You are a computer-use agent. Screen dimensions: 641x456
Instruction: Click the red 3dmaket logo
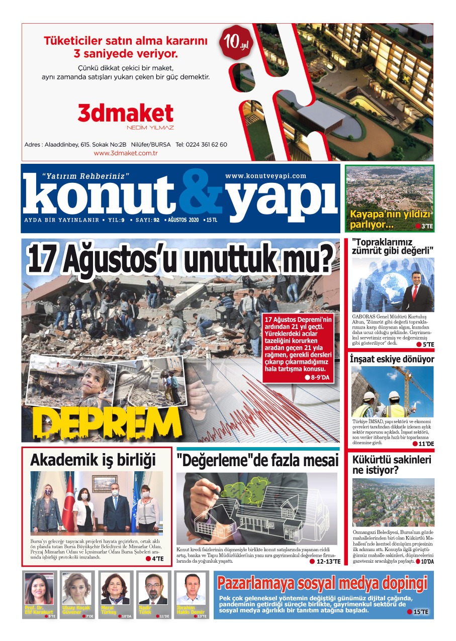[x=125, y=114]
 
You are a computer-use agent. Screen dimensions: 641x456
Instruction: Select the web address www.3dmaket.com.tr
[x=126, y=153]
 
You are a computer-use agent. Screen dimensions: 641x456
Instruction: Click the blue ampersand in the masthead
[x=200, y=193]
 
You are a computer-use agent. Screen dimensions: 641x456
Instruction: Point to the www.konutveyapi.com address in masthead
[x=265, y=176]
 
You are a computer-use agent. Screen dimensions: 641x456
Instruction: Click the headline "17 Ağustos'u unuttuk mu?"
[x=180, y=259]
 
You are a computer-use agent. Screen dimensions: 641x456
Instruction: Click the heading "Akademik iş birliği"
[x=93, y=460]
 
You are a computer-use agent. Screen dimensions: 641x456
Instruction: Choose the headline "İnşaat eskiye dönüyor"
[x=392, y=359]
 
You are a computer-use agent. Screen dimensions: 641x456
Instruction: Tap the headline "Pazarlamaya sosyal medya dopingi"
[x=322, y=583]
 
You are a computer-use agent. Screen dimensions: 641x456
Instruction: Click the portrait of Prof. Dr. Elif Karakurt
[x=39, y=589]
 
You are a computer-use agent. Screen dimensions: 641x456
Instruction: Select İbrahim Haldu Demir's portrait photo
[x=191, y=589]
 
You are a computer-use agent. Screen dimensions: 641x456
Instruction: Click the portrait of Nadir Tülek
[x=153, y=589]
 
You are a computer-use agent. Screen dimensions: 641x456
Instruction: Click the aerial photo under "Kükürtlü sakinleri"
[x=393, y=502]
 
